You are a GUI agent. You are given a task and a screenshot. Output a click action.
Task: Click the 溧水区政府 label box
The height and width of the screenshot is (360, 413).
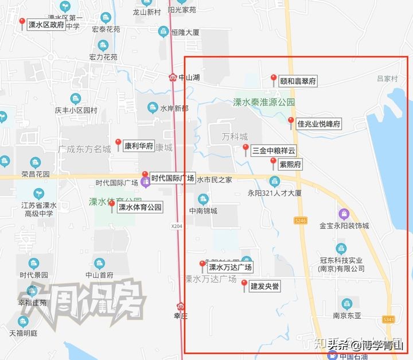coord(46,25)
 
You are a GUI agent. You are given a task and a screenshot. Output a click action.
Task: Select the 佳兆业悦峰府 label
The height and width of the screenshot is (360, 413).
coord(320,123)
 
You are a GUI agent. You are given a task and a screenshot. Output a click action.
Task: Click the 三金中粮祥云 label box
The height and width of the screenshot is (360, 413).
coord(274,151)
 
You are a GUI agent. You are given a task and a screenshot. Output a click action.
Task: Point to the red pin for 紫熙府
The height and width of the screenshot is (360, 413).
coord(274,162)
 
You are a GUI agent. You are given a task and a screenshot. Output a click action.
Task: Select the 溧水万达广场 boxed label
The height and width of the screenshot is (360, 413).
coord(229,267)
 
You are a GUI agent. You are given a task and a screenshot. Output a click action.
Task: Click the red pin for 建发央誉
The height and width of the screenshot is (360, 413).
coord(244,284)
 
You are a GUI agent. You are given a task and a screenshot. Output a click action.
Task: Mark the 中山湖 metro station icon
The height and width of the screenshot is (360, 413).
coord(173,77)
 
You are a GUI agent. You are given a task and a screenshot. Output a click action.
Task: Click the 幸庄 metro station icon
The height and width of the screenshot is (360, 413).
coord(181,305)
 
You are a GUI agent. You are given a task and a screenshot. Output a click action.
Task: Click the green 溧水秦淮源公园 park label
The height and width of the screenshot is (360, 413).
coord(264,102)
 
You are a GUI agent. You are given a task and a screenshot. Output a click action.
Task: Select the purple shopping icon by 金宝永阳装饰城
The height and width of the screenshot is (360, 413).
coord(343,214)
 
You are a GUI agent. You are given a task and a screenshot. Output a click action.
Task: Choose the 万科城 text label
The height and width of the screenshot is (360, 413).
coord(235,137)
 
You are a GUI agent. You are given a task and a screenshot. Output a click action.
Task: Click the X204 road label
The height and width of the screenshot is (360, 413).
coord(177,227)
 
